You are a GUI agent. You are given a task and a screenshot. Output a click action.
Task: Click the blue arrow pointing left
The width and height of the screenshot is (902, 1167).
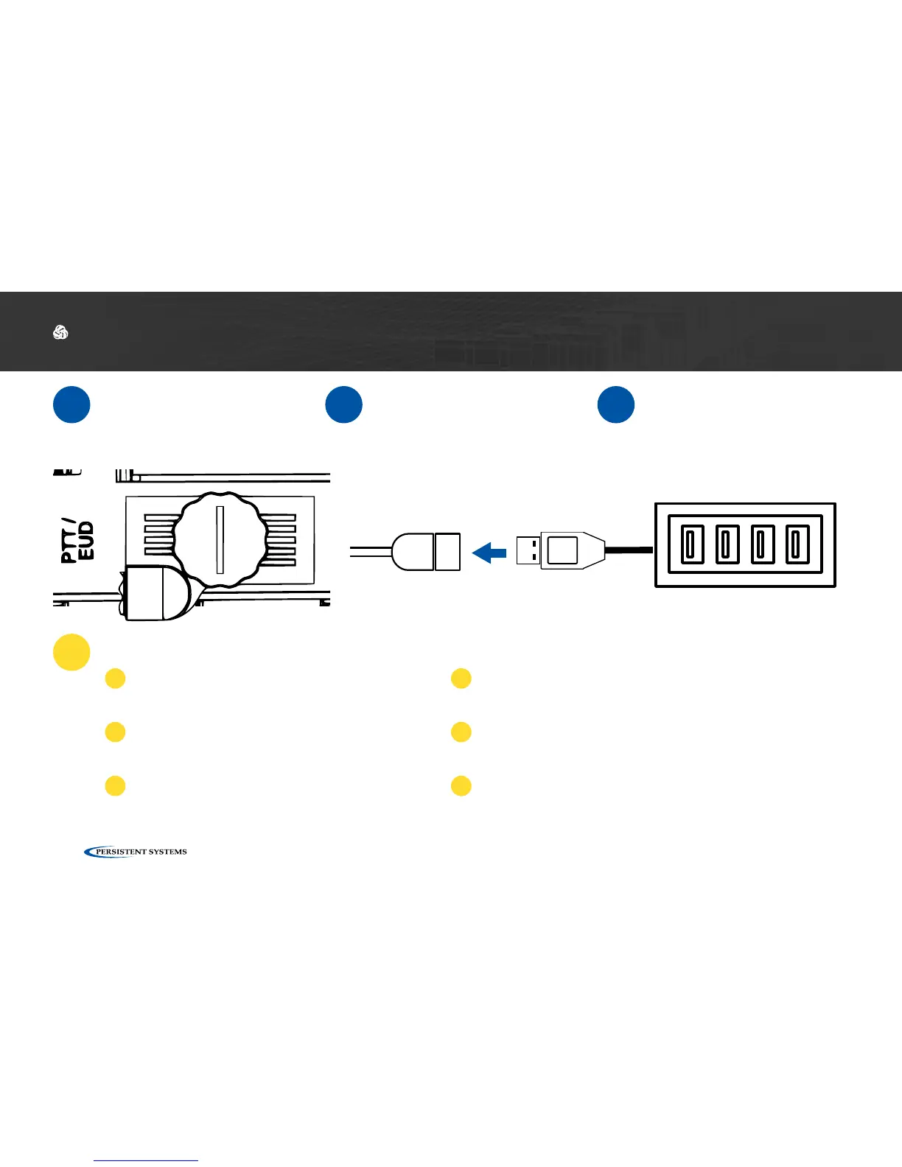coord(489,552)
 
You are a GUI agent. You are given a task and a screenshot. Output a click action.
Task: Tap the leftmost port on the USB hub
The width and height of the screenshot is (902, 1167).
coord(691,544)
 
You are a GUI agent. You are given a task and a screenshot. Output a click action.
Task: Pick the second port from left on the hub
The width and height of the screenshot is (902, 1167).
coord(727,544)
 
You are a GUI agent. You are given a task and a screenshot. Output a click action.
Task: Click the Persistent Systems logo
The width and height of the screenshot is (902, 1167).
coord(136,852)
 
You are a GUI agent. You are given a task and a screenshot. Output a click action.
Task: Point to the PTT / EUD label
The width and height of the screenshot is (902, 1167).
coord(77,542)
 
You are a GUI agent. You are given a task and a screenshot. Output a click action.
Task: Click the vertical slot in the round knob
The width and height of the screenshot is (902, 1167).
coord(220,540)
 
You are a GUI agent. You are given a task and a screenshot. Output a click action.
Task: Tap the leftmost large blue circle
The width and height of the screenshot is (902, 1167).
coord(71,404)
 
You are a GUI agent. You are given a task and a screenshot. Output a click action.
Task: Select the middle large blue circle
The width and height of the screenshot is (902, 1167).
coord(343,404)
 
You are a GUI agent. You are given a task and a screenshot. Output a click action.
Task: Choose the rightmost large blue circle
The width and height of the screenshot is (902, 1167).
coord(616,404)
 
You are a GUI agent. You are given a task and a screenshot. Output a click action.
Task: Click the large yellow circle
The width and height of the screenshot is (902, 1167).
coord(71,652)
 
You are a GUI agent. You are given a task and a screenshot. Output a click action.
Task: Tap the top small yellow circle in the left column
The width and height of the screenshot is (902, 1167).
coord(115,679)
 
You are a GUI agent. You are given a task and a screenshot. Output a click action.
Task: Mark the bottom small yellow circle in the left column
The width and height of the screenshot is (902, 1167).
coord(115,785)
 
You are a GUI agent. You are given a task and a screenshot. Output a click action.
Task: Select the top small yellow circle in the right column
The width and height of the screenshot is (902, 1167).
coord(461,679)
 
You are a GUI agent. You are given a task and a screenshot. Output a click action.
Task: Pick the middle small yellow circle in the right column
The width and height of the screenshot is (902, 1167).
coord(461,732)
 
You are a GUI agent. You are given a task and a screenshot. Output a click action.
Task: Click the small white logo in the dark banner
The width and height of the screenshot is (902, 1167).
coord(60,333)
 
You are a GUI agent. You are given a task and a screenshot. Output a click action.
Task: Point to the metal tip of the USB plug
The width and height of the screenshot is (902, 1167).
coord(528,550)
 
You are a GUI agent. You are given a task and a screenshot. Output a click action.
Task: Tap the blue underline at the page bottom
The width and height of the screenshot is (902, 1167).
coord(146,1161)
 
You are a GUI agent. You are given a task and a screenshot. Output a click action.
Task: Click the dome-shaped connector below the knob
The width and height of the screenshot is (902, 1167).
coord(157,593)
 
